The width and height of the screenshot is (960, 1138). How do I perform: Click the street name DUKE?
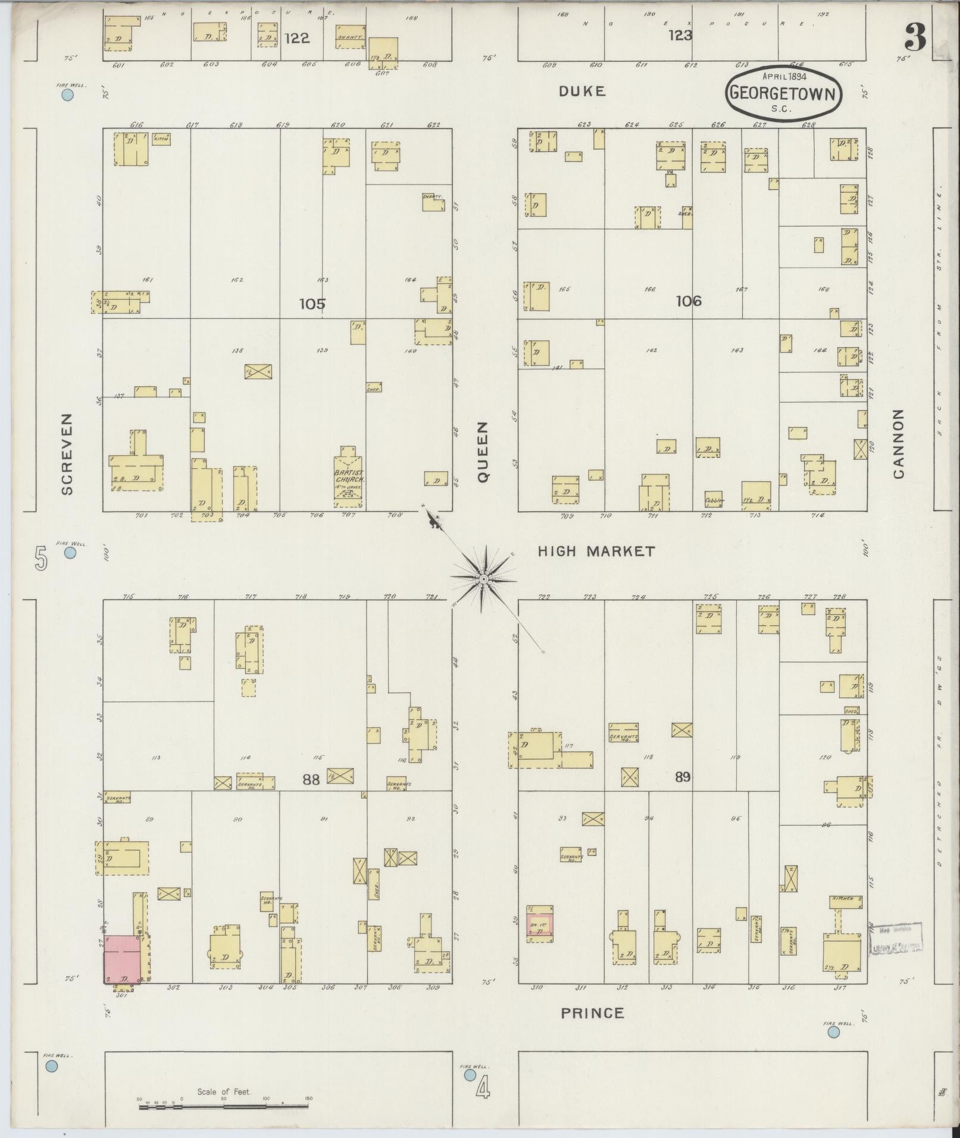[581, 91]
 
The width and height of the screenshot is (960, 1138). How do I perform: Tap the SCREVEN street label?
[67, 454]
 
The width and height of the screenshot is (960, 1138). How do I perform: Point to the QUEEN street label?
[482, 452]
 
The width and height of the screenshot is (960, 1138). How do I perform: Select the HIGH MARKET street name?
[596, 551]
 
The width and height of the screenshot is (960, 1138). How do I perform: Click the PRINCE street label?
[592, 1013]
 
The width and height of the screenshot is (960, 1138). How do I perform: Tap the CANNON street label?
[898, 444]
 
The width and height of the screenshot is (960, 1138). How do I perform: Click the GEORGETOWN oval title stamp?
[784, 94]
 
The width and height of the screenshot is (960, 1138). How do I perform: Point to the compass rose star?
[484, 578]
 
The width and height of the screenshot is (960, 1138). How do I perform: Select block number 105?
[312, 304]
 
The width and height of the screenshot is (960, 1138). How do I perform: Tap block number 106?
[688, 301]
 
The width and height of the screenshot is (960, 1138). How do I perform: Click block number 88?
[311, 779]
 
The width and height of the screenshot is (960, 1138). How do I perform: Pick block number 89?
[682, 777]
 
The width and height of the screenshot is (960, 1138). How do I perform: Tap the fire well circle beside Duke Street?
[67, 94]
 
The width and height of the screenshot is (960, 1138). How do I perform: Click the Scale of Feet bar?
[223, 1107]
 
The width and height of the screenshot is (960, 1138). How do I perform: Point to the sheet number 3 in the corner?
[915, 39]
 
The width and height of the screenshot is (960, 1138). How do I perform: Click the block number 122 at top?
[296, 38]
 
